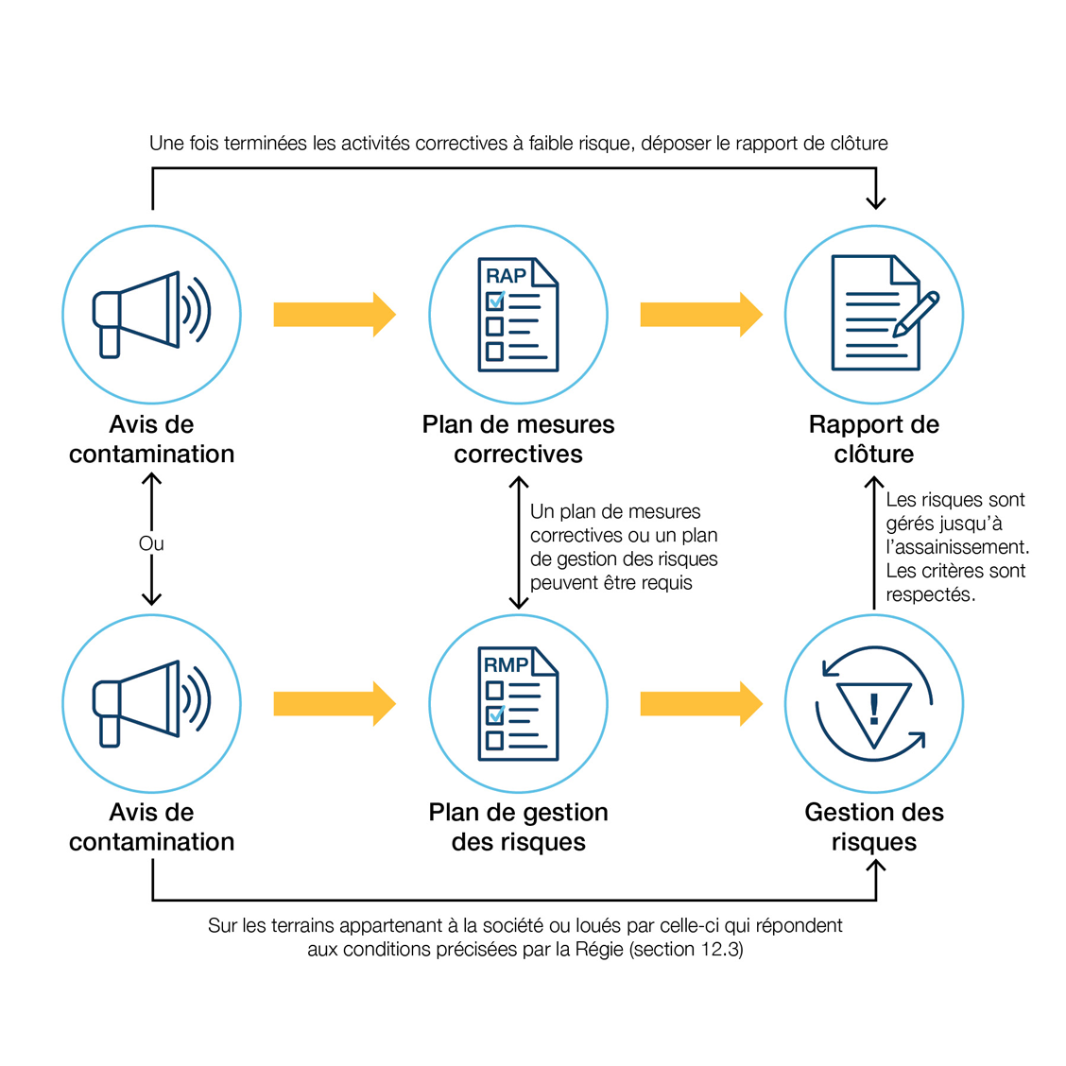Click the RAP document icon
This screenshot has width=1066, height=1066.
tap(518, 315)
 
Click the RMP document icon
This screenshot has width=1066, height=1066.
tap(518, 704)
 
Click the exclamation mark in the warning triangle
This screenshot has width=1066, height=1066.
tap(874, 708)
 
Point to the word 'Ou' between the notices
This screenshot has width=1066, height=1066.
tap(151, 543)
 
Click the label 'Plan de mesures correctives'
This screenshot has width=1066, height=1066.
tap(518, 439)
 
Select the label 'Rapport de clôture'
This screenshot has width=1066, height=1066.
tap(874, 439)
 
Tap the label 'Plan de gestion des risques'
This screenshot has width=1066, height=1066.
tap(518, 827)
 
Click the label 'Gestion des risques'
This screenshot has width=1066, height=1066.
tap(874, 827)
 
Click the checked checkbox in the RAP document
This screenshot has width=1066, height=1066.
tap(495, 301)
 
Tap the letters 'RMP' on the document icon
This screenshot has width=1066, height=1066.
tap(506, 665)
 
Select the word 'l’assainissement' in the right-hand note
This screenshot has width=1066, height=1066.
tap(956, 547)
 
